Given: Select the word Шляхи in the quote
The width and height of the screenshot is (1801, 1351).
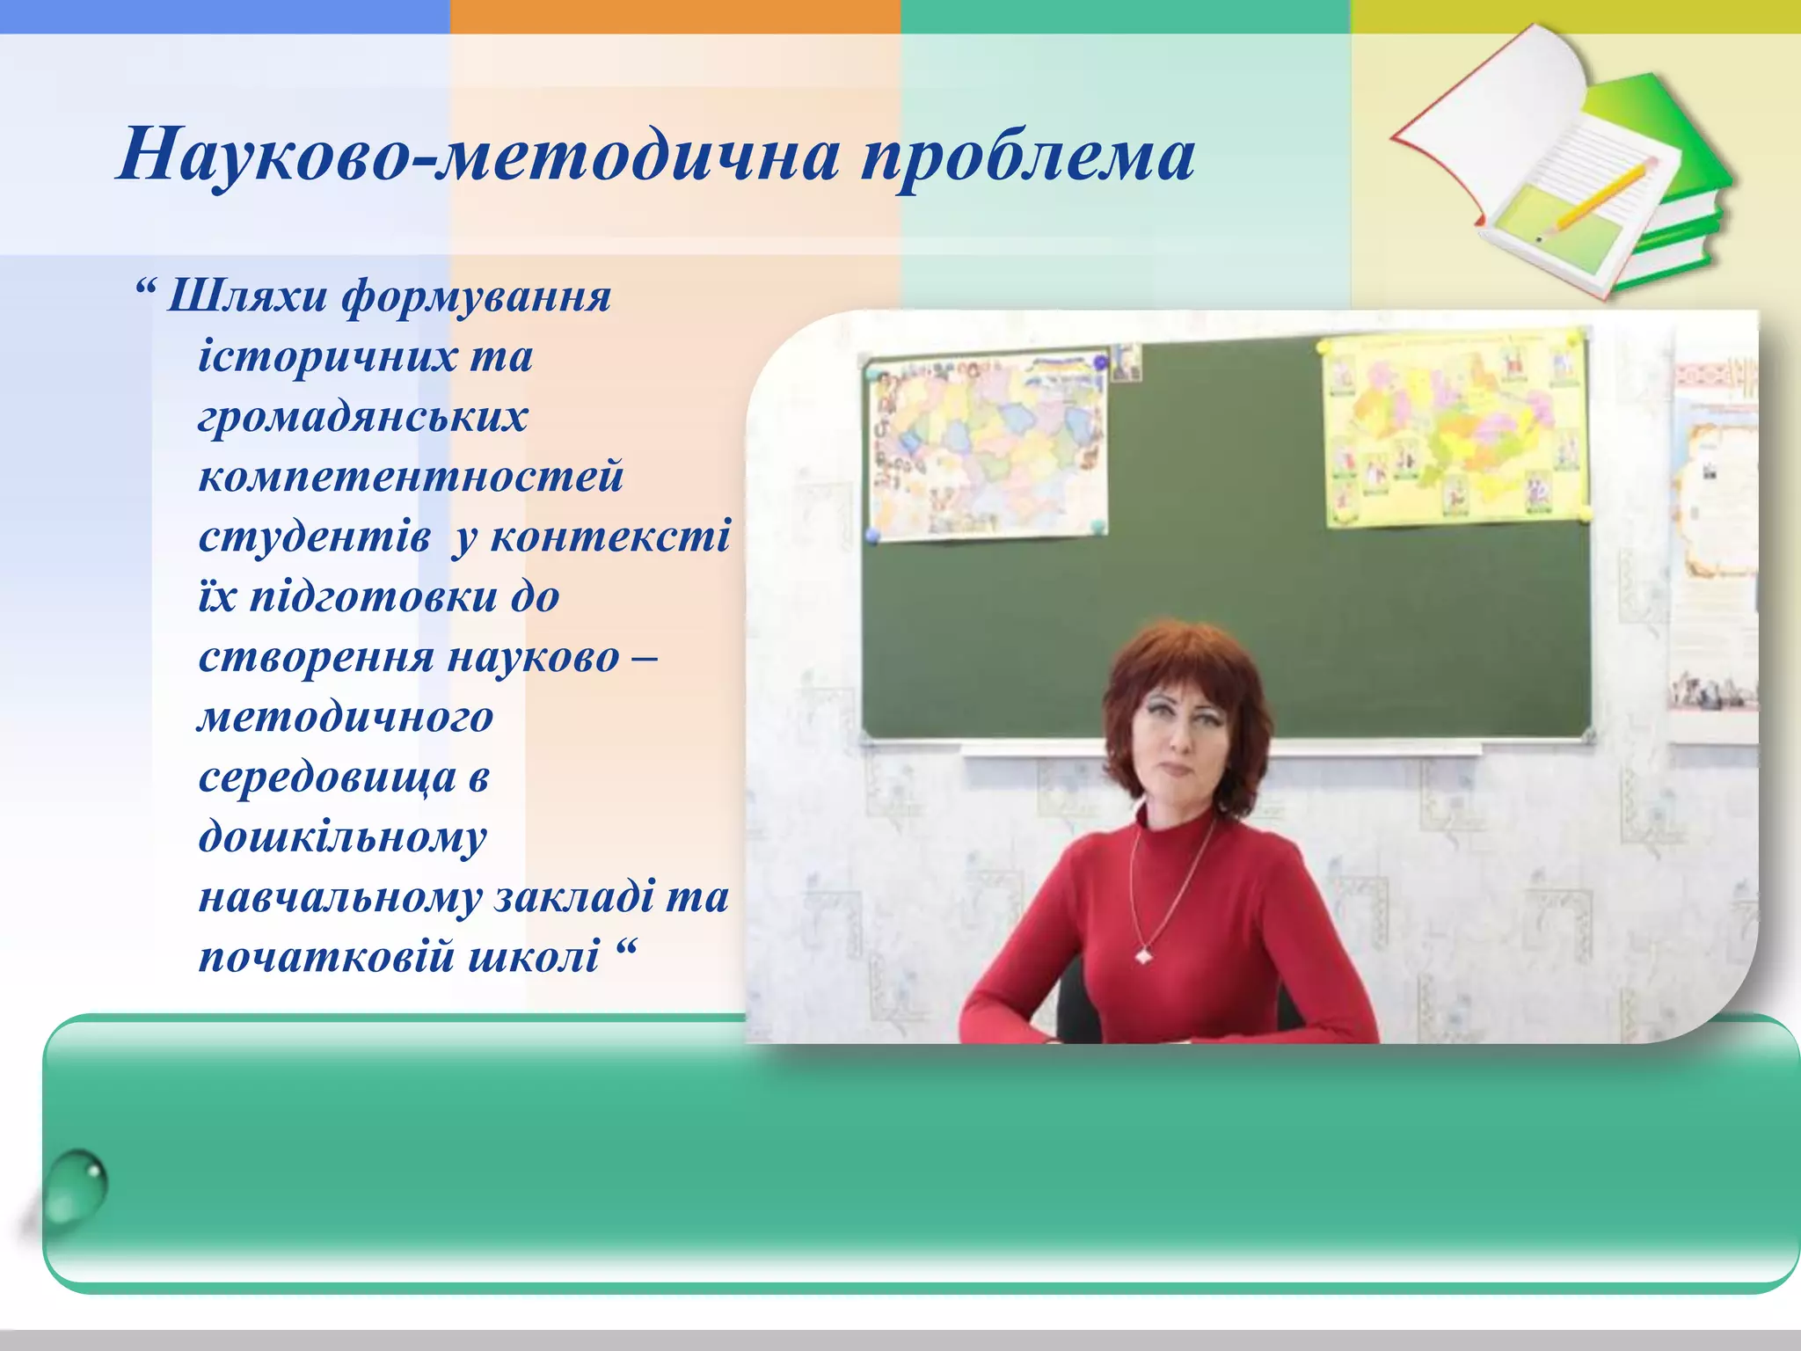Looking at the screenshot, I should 247,296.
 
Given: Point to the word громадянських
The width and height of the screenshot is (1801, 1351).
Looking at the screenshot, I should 362,417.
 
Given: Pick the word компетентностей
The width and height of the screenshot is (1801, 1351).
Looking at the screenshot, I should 411,477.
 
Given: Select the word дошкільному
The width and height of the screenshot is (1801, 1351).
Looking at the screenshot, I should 342,837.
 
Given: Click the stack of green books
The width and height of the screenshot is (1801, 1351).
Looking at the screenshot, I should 1671,202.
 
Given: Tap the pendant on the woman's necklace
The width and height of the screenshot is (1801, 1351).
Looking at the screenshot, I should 1144,954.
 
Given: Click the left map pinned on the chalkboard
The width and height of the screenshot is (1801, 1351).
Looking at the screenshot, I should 987,444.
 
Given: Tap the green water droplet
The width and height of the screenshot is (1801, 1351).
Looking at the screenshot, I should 77,1187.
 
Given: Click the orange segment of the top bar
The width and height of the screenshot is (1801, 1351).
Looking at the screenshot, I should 674,16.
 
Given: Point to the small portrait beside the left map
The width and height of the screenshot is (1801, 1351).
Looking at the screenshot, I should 1125,362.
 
